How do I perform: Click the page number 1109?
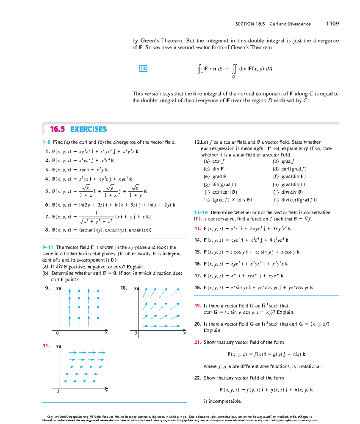tap(332, 23)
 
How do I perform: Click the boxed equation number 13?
tap(143, 68)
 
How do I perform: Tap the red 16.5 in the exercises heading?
tap(57, 129)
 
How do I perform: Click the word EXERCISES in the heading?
tap(88, 129)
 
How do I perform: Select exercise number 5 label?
tap(47, 191)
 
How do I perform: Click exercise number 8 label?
tap(47, 230)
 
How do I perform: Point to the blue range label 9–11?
tap(48, 247)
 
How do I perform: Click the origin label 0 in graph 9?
tap(57, 333)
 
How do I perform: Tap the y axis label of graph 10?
tap(135, 288)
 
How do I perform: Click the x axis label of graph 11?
tap(106, 391)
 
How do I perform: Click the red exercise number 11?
tap(46, 346)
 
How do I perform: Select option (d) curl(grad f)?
tap(289, 169)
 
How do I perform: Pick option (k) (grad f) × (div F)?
tap(228, 200)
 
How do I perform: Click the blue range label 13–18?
tap(201, 212)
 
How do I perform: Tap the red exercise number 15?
tap(198, 252)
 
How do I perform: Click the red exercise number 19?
tap(198, 306)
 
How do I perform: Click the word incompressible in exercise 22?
tap(222, 401)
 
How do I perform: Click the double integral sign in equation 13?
tap(234, 69)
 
